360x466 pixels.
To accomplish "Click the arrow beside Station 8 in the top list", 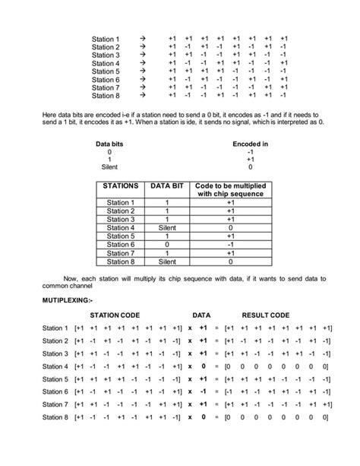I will (x=142, y=97).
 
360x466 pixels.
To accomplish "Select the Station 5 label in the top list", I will (x=106, y=71).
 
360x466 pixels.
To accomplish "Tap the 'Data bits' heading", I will (x=110, y=143).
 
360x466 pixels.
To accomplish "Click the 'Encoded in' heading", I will (x=250, y=143).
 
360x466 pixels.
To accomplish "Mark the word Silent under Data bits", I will (x=110, y=167).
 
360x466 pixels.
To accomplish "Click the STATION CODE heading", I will (x=115, y=315).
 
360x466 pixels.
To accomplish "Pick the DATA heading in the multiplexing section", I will (x=201, y=315).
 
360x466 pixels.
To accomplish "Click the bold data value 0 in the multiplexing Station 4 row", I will (x=203, y=366).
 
